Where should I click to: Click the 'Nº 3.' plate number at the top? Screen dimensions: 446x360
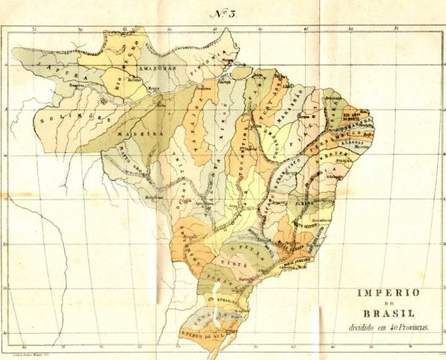[223, 13]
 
